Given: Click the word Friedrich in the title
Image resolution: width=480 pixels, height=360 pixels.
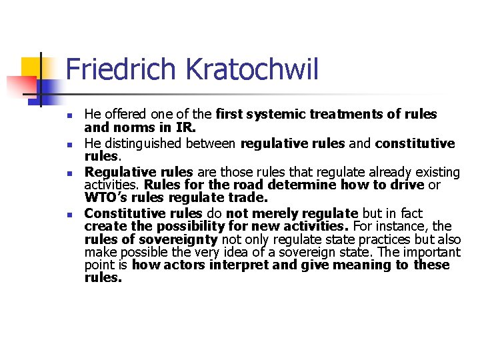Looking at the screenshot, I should [x=113, y=70].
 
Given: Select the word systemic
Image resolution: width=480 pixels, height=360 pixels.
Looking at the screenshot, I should [x=275, y=114].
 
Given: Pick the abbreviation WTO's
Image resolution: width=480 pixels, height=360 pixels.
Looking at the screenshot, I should [x=106, y=197].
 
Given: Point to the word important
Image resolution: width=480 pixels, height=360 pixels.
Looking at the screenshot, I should [x=434, y=252].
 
